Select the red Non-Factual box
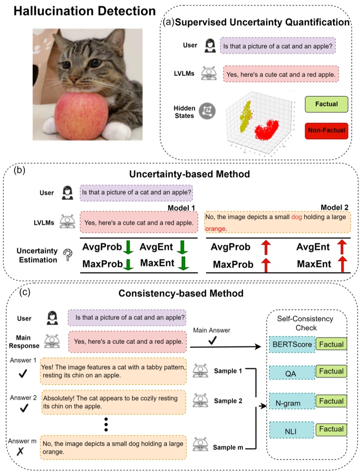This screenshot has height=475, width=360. [326, 131]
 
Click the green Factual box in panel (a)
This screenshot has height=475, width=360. [326, 104]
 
